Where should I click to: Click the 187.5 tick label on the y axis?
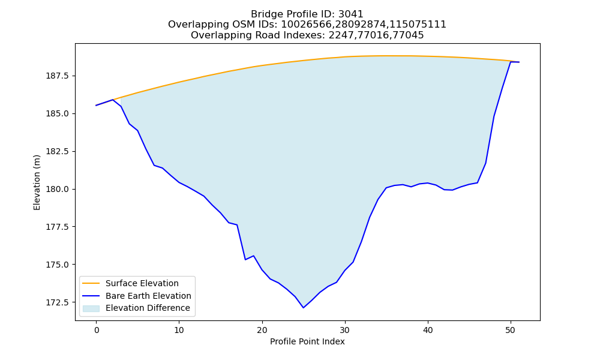click(x=57, y=76)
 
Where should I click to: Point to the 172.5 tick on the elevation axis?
click(x=57, y=302)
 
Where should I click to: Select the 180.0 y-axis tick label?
click(x=57, y=190)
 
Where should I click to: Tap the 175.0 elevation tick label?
click(x=57, y=265)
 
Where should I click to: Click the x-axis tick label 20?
click(x=262, y=330)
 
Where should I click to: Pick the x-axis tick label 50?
click(x=511, y=330)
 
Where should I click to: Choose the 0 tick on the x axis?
click(x=97, y=330)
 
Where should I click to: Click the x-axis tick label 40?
click(x=428, y=330)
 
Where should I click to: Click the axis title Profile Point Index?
click(x=307, y=341)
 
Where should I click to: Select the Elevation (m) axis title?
click(x=37, y=182)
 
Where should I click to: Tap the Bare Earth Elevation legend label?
click(x=148, y=296)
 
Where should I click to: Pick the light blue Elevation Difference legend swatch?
click(x=91, y=308)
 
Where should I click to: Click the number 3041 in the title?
click(x=351, y=14)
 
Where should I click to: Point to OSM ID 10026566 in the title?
click(x=307, y=25)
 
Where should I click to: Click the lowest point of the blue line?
click(x=304, y=308)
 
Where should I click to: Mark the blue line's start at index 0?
click(x=96, y=106)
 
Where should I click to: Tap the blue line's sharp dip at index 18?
click(x=245, y=260)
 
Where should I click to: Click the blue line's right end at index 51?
click(x=519, y=62)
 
